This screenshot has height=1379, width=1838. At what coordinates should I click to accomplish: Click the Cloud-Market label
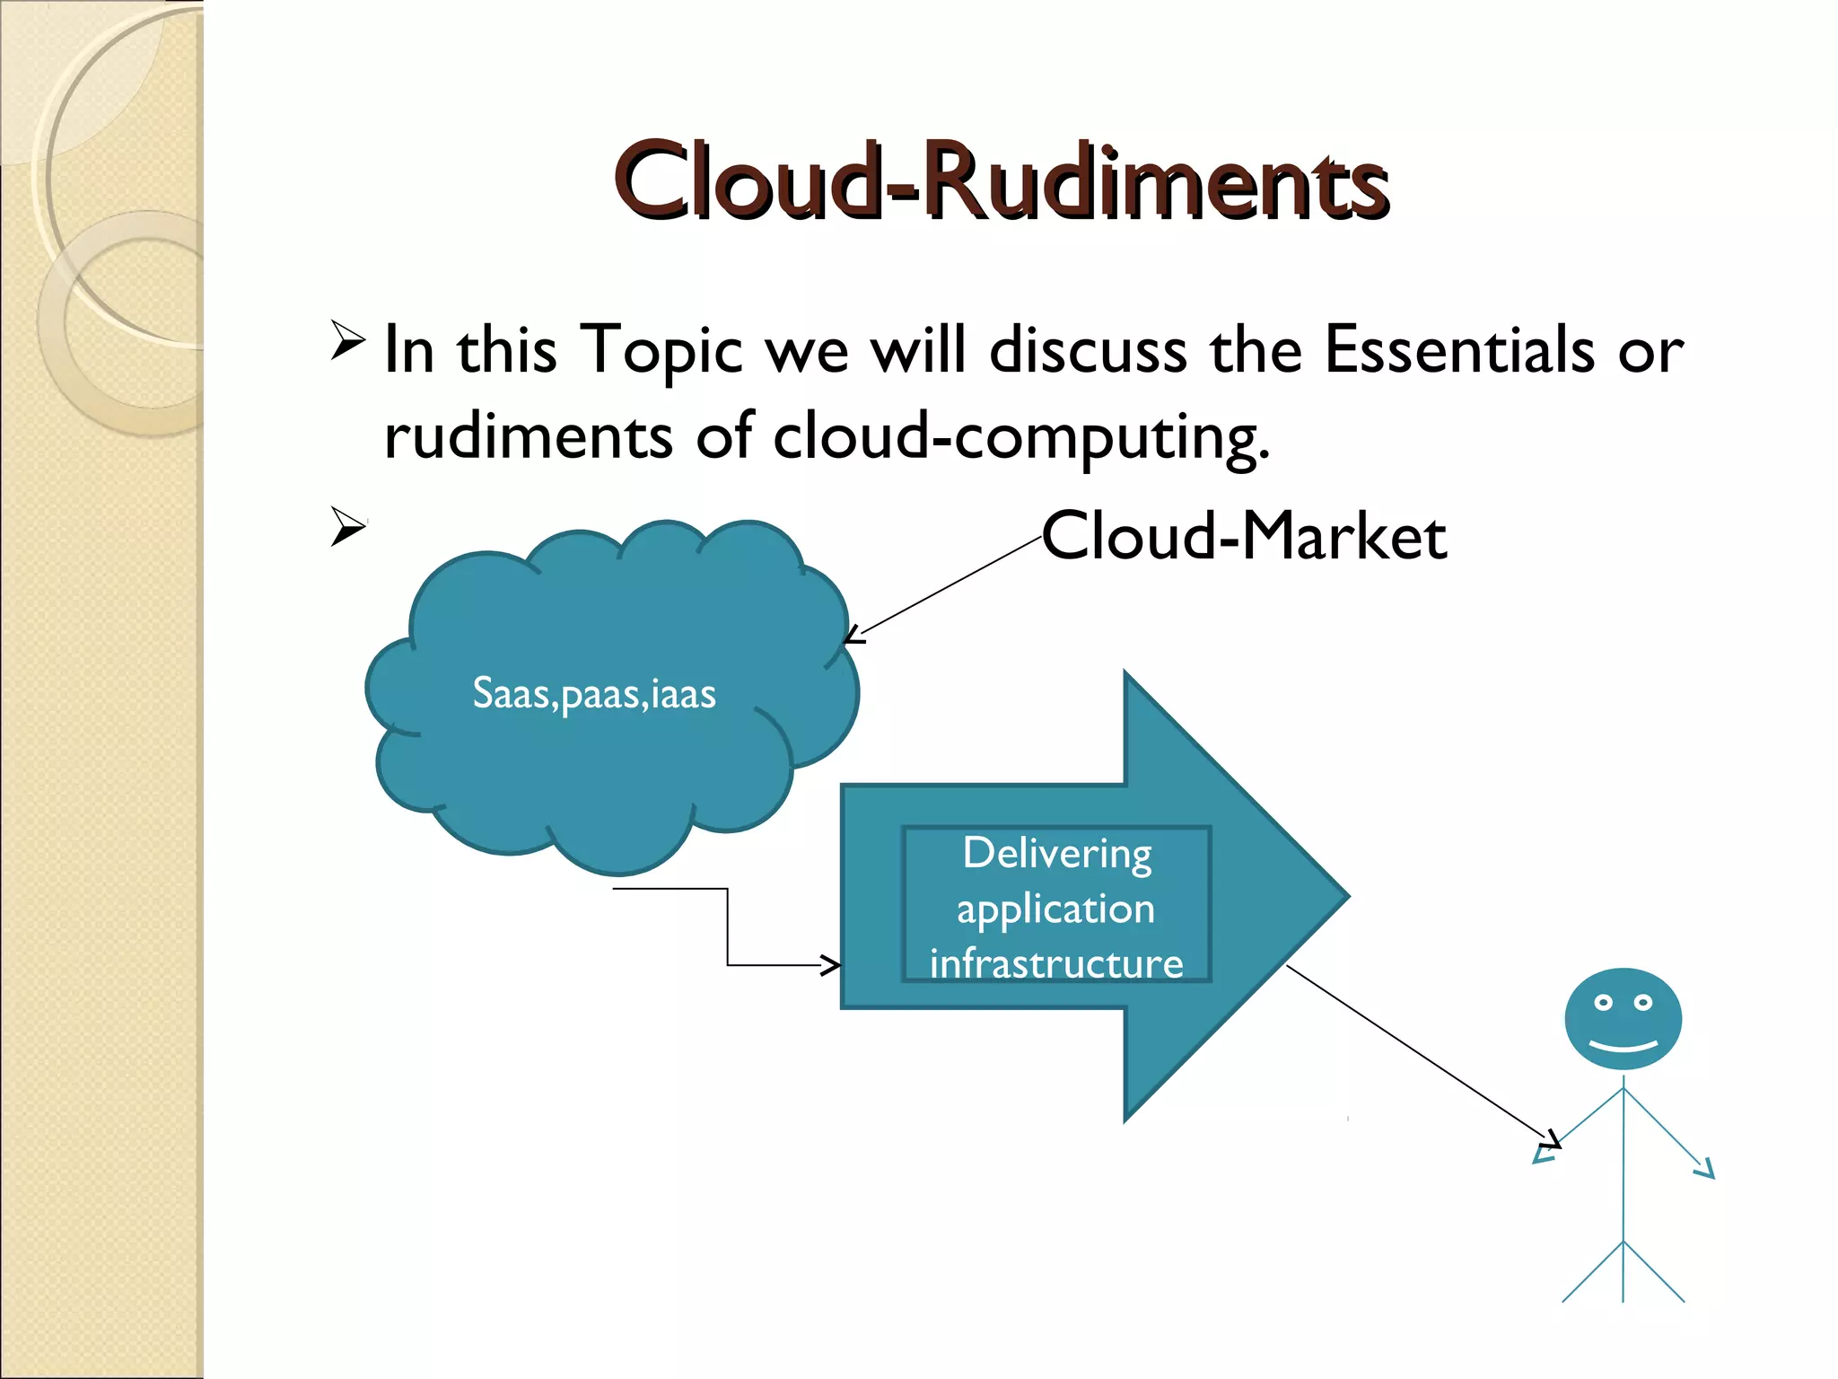tap(1244, 537)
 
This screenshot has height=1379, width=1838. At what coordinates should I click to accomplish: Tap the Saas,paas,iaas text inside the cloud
tap(594, 694)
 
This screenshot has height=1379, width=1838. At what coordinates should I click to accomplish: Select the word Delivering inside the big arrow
tap(1057, 854)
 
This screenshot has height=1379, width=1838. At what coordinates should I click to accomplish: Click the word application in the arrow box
tap(1055, 909)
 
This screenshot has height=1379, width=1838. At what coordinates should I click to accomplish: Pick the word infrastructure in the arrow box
tap(1056, 964)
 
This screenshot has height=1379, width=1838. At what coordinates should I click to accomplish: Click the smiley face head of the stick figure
tap(1623, 1019)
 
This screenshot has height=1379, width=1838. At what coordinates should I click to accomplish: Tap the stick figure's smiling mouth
tap(1623, 1046)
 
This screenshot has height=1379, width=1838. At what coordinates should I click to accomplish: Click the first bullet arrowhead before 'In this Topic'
tap(347, 340)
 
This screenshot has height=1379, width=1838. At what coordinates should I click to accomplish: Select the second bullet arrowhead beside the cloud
tap(347, 526)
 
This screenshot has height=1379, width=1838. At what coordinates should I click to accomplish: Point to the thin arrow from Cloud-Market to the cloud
tap(942, 589)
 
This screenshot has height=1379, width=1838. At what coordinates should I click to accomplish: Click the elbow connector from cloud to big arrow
tap(728, 925)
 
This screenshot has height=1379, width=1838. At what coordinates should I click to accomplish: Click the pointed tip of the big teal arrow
tap(1342, 895)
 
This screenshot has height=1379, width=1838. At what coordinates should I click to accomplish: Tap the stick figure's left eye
tap(1603, 1003)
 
